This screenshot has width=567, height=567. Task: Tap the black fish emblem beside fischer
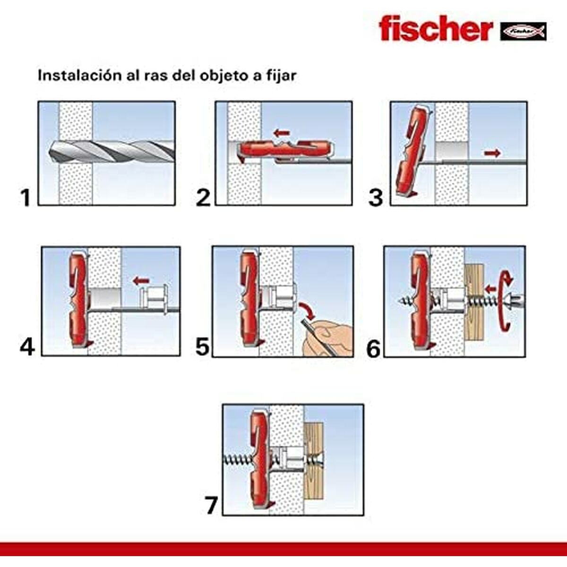click(523, 32)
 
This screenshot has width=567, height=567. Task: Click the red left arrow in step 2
click(282, 134)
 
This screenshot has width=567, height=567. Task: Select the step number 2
click(203, 198)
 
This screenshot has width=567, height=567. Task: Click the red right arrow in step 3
click(492, 153)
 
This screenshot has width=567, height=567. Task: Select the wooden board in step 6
click(474, 302)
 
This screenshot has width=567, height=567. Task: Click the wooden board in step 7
click(314, 461)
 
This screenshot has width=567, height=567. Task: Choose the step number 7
click(211, 506)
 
